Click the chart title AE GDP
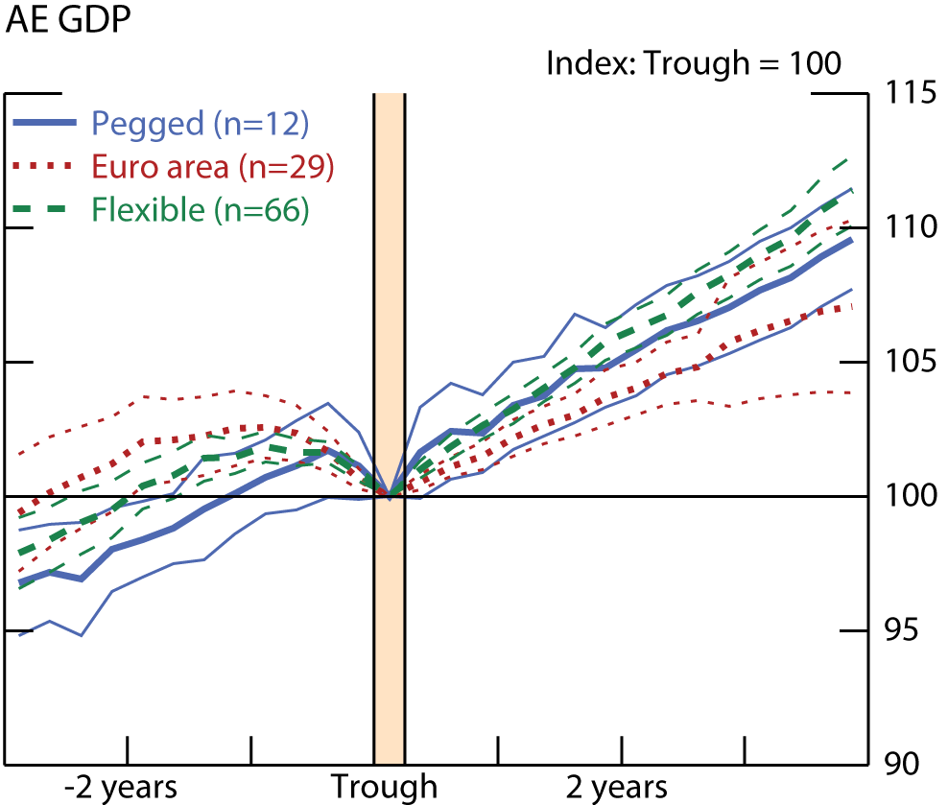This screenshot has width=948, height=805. click(68, 21)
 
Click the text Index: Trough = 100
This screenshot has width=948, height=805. click(693, 64)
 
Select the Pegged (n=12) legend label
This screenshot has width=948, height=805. click(200, 124)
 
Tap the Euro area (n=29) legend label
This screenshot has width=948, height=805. click(213, 167)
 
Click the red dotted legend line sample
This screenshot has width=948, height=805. click(47, 167)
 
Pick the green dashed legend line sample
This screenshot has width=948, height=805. click(47, 210)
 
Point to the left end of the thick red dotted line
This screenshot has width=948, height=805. click(19, 512)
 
